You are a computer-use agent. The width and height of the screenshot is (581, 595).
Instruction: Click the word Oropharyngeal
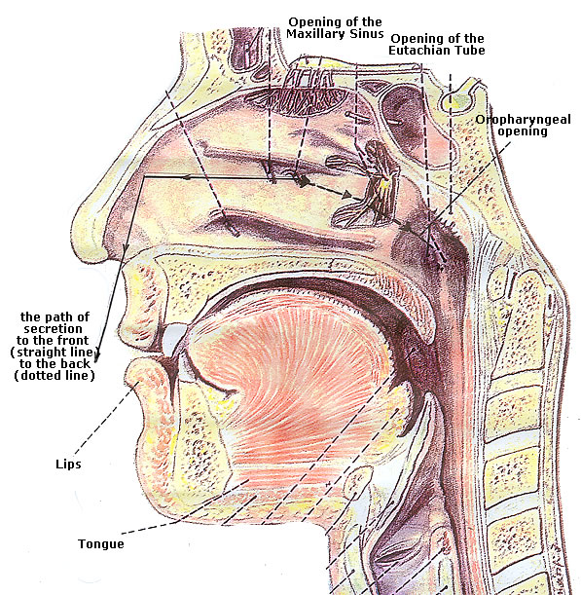click(523, 120)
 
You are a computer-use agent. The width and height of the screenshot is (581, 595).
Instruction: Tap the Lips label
click(68, 465)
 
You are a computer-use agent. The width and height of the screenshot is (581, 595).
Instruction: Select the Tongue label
click(101, 544)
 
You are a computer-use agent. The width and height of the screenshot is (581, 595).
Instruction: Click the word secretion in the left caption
click(53, 328)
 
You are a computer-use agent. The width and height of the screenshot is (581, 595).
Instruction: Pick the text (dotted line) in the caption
click(54, 376)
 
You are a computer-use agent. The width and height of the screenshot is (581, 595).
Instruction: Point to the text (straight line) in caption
click(54, 353)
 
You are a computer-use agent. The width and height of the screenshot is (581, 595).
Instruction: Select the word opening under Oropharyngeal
click(523, 131)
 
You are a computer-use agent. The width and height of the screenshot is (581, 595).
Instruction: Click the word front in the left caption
click(70, 340)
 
